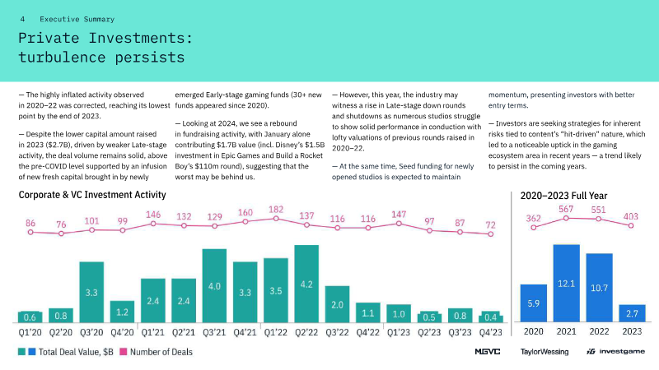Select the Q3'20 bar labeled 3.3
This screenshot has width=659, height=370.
coord(91,293)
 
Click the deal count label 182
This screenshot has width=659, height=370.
coord(276,210)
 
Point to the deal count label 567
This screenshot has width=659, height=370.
coord(566,210)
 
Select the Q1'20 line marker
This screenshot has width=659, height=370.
coord(30,234)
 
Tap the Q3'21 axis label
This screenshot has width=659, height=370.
coord(214,333)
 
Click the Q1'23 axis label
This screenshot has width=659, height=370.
coord(399,333)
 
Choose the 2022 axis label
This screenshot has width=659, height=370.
coord(599,333)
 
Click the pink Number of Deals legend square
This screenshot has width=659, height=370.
coord(124,352)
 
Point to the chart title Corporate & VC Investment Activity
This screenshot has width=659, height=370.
coord(92,195)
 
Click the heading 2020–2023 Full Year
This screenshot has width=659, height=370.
coord(564,195)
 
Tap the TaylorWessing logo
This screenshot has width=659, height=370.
coord(544,352)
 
